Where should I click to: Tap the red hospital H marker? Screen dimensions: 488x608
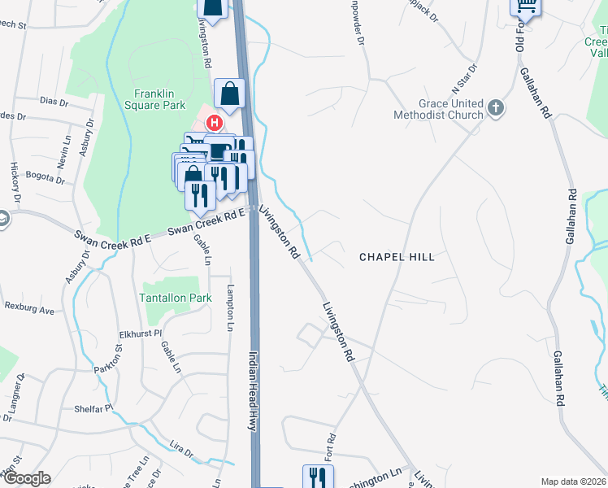pyautogui.click(x=214, y=124)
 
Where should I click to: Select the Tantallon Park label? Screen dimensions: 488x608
pyautogui.click(x=176, y=298)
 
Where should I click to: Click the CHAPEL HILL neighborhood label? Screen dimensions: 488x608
pyautogui.click(x=397, y=257)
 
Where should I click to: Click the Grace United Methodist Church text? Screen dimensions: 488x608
pyautogui.click(x=450, y=110)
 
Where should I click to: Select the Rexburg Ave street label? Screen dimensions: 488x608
pyautogui.click(x=29, y=310)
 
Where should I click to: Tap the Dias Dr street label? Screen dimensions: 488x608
pyautogui.click(x=54, y=102)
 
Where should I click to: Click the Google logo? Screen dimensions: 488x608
pyautogui.click(x=26, y=478)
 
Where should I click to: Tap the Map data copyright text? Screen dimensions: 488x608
pyautogui.click(x=572, y=481)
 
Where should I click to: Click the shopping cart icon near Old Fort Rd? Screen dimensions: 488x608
pyautogui.click(x=526, y=7)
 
